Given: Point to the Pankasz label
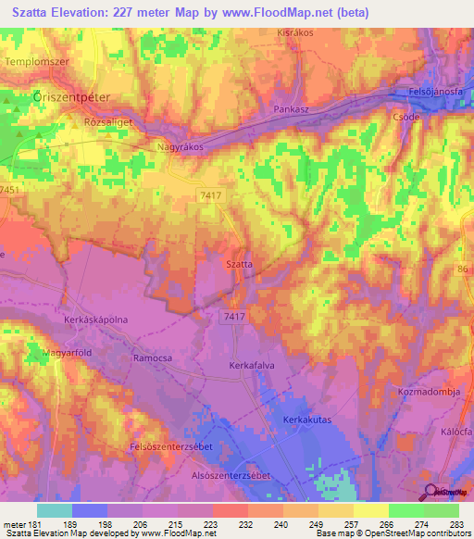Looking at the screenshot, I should [291, 108].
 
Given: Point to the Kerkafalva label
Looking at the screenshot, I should [253, 366].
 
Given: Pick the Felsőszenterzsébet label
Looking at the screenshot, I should [174, 447].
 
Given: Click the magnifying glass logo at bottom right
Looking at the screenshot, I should [431, 491].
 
